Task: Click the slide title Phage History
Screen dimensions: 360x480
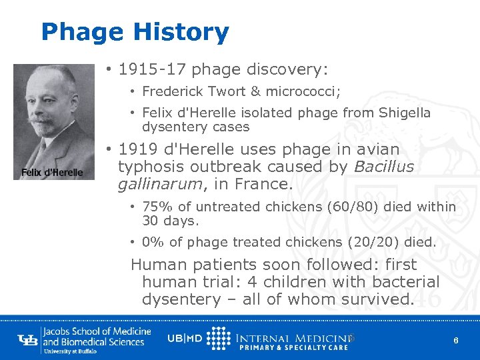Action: pyautogui.click(x=135, y=32)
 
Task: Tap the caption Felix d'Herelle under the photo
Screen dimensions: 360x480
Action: pyautogui.click(x=52, y=173)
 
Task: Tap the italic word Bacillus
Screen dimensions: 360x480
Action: pyautogui.click(x=384, y=167)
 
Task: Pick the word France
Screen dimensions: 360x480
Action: pyautogui.click(x=269, y=183)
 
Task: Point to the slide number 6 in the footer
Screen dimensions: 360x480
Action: pyautogui.click(x=455, y=341)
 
